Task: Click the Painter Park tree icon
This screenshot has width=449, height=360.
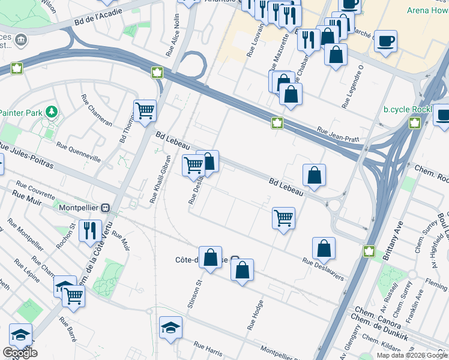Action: [52, 112]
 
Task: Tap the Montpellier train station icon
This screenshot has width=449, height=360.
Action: [106, 208]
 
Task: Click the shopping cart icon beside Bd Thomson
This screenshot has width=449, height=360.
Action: [145, 110]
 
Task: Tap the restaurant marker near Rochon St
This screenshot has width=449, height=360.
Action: [90, 230]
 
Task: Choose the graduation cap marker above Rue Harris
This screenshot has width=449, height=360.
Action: [170, 328]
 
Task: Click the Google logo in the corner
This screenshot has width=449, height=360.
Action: [20, 353]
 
